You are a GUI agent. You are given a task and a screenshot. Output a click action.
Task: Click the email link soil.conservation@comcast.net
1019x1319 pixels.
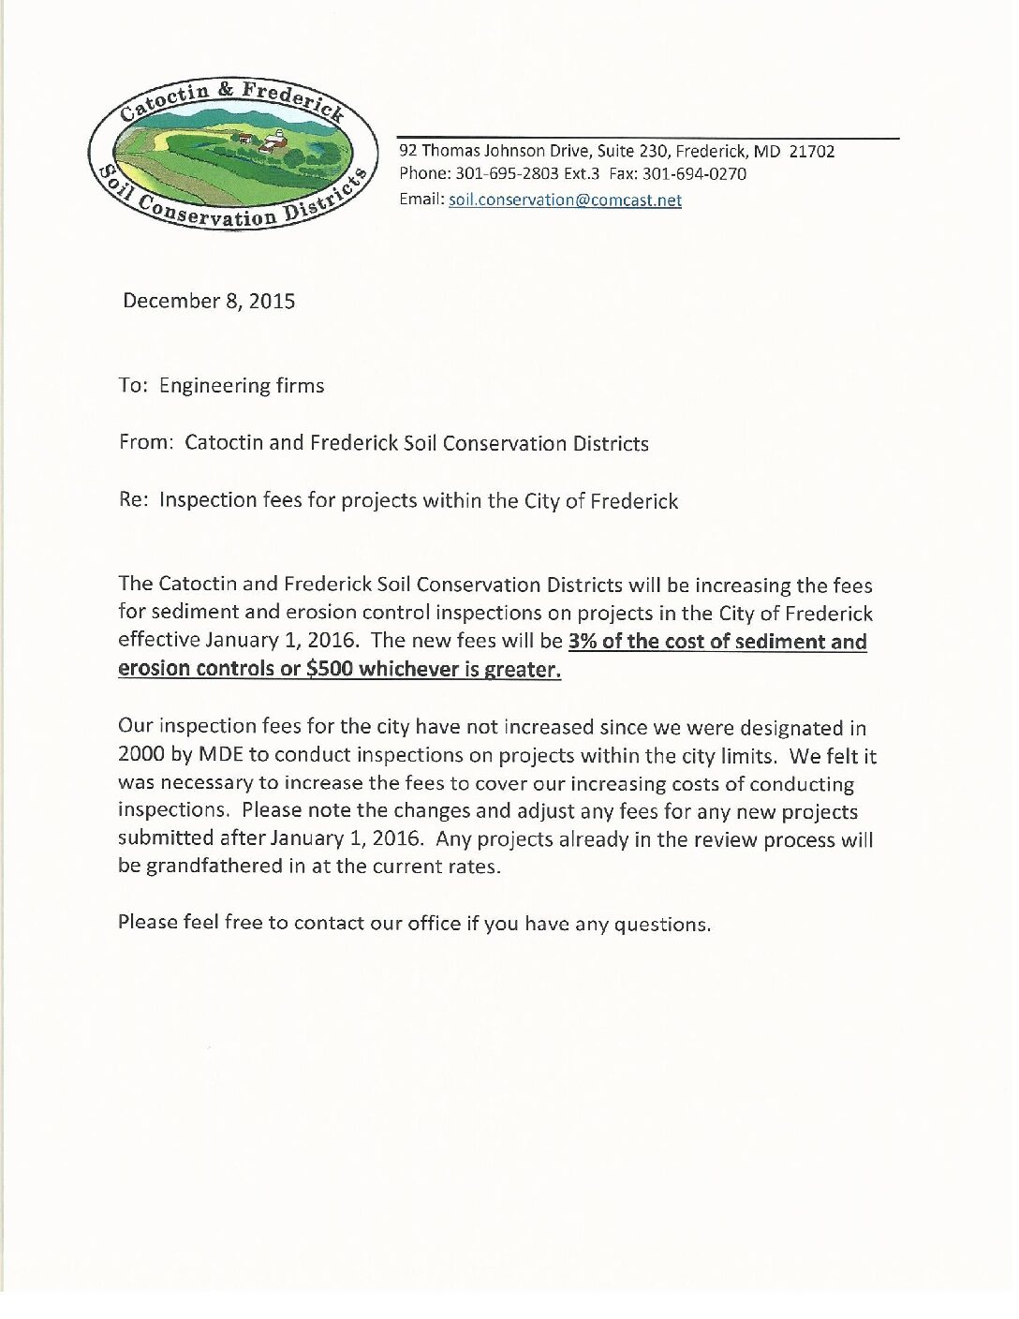coord(565,200)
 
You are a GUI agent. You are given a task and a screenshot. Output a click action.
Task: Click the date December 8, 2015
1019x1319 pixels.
coord(209,301)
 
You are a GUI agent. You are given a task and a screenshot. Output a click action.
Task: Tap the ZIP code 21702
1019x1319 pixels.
coord(811,151)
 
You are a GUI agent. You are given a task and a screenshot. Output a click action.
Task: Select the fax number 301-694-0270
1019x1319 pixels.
coord(694,174)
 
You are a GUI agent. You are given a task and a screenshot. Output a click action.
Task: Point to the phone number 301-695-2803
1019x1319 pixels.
coord(507,174)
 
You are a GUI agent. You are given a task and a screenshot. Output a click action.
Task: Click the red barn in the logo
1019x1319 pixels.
coord(272,143)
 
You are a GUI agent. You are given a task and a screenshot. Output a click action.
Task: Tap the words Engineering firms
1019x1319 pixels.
coord(242,386)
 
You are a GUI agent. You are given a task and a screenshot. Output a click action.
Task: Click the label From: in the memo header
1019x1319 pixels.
coord(146,442)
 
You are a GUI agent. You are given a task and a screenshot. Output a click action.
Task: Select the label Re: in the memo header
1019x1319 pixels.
coord(133,499)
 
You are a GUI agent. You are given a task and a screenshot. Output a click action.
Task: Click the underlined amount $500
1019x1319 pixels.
coord(329,669)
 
